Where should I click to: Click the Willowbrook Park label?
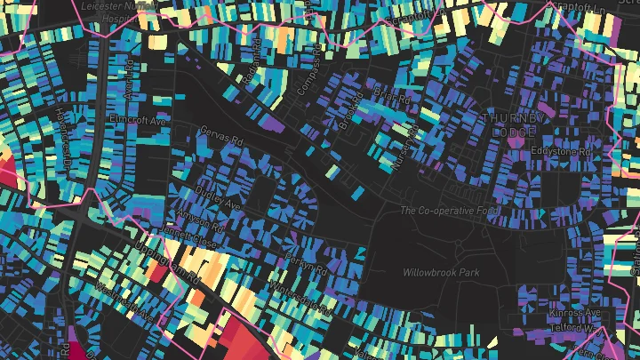[x=440, y=272]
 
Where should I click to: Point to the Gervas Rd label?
[x=223, y=140]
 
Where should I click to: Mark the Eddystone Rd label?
[x=561, y=152]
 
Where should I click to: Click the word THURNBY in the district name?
[x=508, y=117]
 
